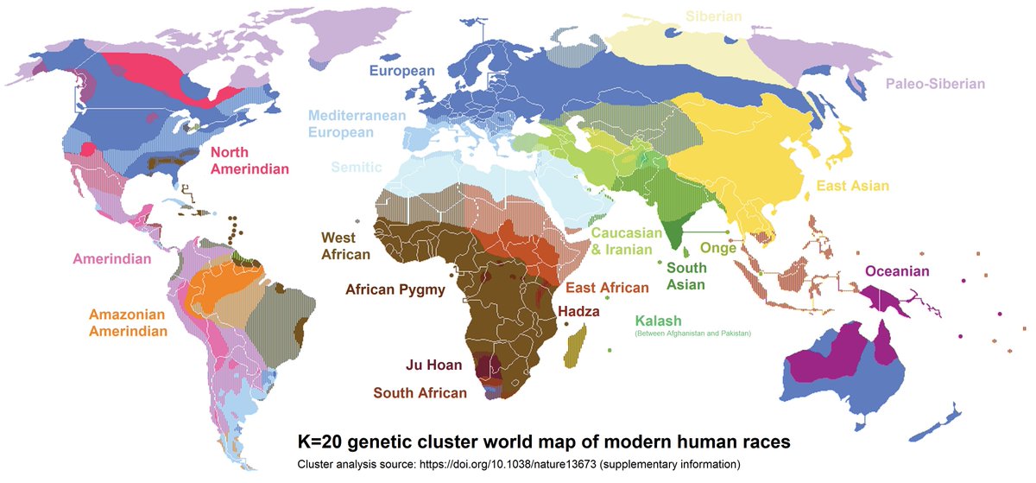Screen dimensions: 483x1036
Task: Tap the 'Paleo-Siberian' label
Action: tap(935, 84)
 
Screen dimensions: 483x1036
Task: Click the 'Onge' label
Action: tap(717, 248)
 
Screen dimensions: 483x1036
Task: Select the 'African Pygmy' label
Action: tap(395, 290)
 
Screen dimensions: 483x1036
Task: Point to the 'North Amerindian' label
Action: tap(250, 161)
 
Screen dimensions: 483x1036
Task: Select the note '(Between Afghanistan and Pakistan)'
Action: tap(692, 334)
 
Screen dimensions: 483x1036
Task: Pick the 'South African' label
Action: tap(420, 393)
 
